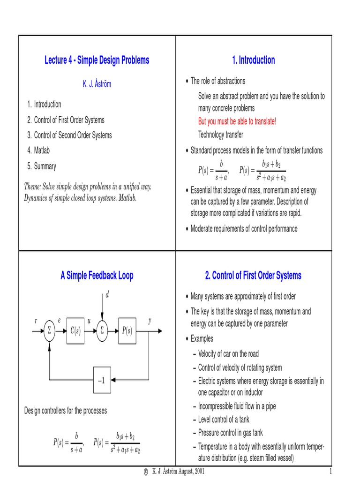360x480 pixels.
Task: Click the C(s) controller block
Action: [x=75, y=331]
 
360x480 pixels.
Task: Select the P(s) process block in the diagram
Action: [x=127, y=331]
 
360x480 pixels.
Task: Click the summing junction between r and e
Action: [x=49, y=331]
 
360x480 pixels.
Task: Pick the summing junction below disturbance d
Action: [x=102, y=331]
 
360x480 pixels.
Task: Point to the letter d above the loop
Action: [x=107, y=295]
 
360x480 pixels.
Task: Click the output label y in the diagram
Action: [x=150, y=321]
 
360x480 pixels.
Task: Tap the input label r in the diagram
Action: [x=36, y=321]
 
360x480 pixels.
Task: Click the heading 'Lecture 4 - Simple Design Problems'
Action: [x=97, y=60]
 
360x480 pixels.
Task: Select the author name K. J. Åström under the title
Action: [x=97, y=85]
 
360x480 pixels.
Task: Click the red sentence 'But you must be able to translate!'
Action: [x=237, y=121]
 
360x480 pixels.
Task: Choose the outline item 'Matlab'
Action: [x=42, y=150]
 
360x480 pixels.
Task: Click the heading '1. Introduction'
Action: [x=253, y=60]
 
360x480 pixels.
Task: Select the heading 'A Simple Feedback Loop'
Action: [x=97, y=276]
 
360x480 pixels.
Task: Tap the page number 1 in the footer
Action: [x=330, y=471]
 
